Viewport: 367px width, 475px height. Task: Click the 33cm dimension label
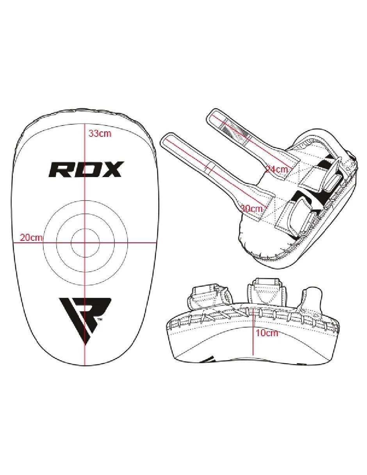point(100,133)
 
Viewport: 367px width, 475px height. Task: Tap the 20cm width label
point(31,237)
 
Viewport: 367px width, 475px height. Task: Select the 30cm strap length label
point(251,208)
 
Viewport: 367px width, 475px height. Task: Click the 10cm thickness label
point(267,333)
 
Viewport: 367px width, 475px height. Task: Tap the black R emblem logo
point(86,315)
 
